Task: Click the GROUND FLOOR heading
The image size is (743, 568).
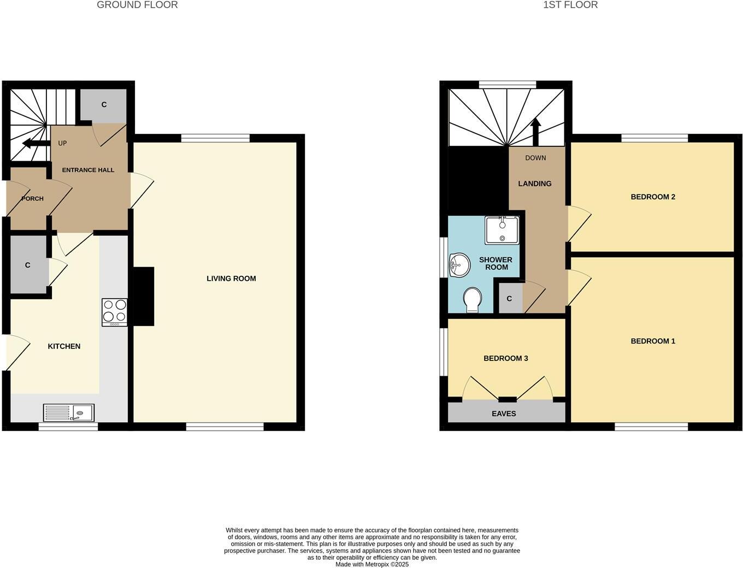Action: point(137,5)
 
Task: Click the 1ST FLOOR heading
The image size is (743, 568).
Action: point(570,5)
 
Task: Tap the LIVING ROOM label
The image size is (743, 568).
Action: point(231,279)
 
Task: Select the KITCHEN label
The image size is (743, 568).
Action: point(64,346)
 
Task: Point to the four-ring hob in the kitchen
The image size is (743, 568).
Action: point(114,312)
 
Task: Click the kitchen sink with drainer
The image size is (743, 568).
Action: point(69,412)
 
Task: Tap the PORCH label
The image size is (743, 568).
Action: point(32,199)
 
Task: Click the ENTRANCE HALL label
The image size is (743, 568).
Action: point(88,170)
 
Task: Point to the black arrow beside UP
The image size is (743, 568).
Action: point(34,144)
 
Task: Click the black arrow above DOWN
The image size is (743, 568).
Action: point(535,132)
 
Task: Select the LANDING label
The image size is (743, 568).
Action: point(534,184)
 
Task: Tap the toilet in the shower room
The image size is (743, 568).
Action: point(472,300)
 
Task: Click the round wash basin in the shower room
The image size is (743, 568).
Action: point(459,266)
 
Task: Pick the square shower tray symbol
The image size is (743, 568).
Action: point(502,230)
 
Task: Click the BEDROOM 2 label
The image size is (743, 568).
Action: point(653,197)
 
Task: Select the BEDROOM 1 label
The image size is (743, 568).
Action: point(653,341)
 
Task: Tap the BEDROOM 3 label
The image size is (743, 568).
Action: point(505,358)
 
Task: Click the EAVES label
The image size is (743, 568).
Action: point(504,413)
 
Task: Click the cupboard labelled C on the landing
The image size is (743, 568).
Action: point(510,299)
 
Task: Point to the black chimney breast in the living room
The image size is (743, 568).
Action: point(143,296)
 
